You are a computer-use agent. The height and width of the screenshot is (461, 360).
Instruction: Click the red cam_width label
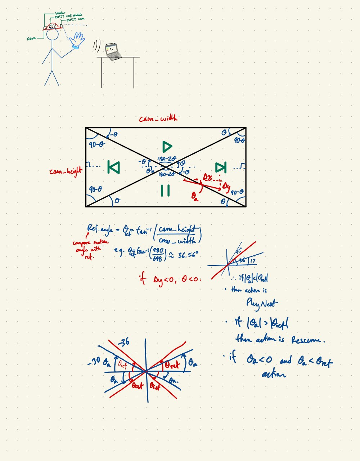coord(158,118)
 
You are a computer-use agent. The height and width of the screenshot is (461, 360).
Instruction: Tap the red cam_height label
coord(66,171)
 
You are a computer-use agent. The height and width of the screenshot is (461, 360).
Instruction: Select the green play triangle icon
coord(167,146)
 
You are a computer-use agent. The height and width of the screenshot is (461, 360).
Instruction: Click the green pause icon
coord(165,191)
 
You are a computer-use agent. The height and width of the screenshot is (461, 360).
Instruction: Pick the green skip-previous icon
coord(114,167)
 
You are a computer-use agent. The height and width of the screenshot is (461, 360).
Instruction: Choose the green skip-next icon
coord(221,167)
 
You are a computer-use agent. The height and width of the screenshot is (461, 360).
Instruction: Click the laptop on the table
coord(112,50)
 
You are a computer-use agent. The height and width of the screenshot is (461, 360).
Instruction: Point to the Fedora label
coord(31,39)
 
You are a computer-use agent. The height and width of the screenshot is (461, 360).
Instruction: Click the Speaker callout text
coord(60,13)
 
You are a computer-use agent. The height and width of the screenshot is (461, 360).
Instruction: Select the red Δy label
coord(226,186)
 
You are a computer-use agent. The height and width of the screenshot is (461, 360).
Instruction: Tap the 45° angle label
coord(239,252)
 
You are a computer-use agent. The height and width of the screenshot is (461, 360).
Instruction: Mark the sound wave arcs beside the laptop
coord(96,45)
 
